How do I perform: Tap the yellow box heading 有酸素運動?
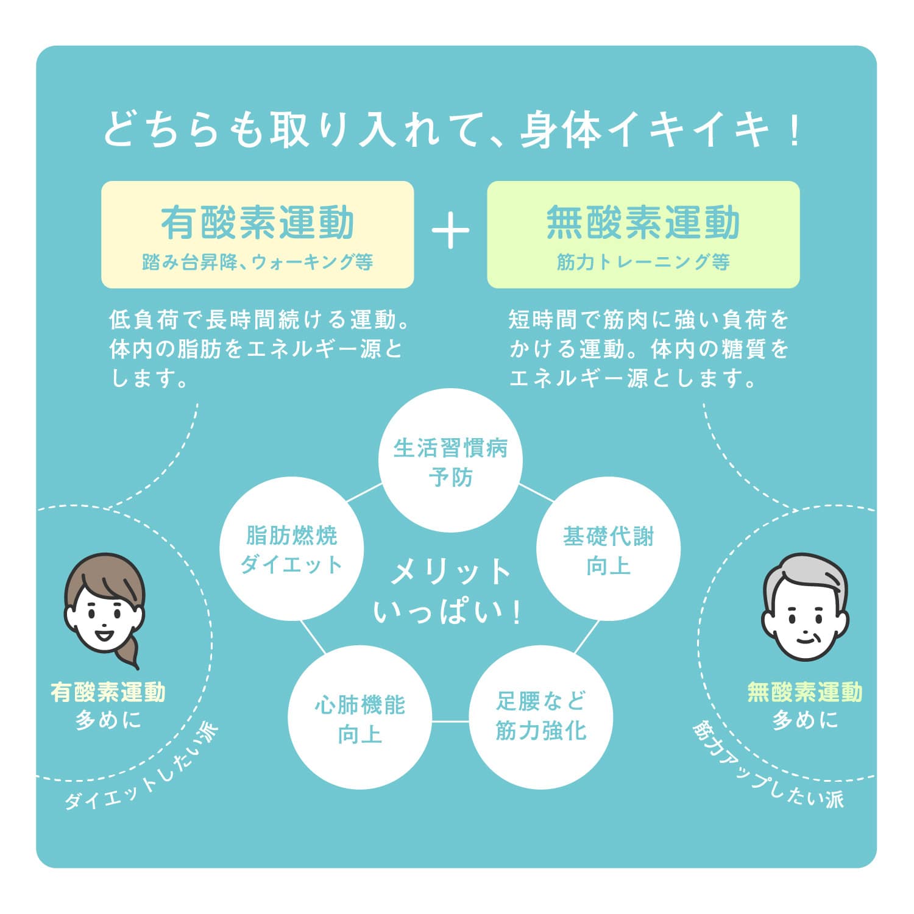coord(257,222)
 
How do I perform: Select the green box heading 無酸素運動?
coord(643,222)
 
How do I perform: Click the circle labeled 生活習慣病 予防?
coord(450,461)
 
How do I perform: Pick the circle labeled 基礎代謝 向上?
coord(608,550)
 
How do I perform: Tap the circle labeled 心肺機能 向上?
coord(360,718)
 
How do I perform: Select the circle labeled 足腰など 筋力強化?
coord(540,717)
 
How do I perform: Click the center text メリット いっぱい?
coord(450,591)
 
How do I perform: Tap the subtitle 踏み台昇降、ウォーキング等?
coord(257,263)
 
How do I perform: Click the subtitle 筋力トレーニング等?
coord(643,263)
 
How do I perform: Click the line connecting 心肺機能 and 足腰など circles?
coord(450,721)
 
